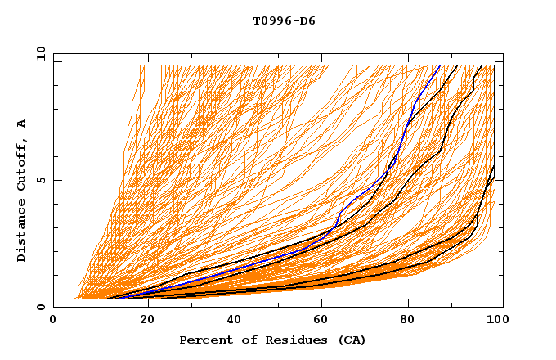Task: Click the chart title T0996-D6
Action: (284, 21)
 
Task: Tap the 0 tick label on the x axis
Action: (54, 320)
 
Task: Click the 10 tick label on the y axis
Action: (40, 52)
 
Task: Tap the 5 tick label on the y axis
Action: (43, 180)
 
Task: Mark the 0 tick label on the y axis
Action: (43, 307)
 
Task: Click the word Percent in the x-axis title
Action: (203, 340)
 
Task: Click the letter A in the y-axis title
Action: (22, 124)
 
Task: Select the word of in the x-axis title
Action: (242, 340)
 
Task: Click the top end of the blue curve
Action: (440, 66)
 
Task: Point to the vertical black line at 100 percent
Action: (495, 123)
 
